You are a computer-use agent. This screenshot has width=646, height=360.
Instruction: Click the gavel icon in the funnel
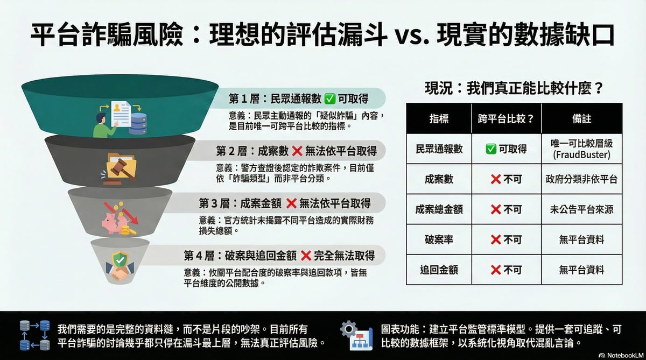click(x=120, y=169)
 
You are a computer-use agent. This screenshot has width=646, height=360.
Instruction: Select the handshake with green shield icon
click(x=120, y=266)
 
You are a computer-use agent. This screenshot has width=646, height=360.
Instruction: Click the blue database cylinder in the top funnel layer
click(x=138, y=124)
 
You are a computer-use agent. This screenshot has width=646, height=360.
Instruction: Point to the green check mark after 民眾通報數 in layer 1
click(x=329, y=99)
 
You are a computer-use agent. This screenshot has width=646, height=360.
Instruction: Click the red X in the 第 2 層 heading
click(x=297, y=151)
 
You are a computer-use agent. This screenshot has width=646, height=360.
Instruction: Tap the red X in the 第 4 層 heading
click(x=306, y=256)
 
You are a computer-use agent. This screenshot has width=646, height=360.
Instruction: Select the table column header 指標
click(x=439, y=118)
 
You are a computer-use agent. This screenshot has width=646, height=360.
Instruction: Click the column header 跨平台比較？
click(x=506, y=118)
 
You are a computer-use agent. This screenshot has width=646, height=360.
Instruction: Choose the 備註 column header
click(x=582, y=118)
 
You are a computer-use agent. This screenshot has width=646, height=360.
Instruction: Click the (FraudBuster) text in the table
click(x=582, y=155)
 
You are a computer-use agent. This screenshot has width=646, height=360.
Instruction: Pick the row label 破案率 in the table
click(x=439, y=239)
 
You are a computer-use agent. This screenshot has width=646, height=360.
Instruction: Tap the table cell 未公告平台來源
click(x=582, y=209)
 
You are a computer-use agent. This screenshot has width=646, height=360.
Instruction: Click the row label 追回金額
click(x=439, y=270)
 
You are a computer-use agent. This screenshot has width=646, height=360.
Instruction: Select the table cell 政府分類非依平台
click(x=582, y=179)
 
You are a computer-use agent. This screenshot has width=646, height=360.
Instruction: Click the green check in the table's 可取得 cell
click(x=491, y=149)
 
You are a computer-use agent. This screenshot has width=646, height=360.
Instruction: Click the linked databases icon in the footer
click(x=35, y=335)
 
